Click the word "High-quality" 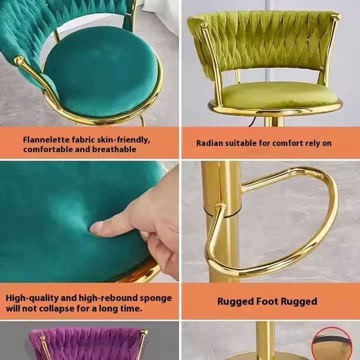tap(32, 298)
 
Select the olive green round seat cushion tap(279, 95)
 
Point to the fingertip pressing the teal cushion tap(94, 227)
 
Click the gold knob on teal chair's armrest tap(18, 60)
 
